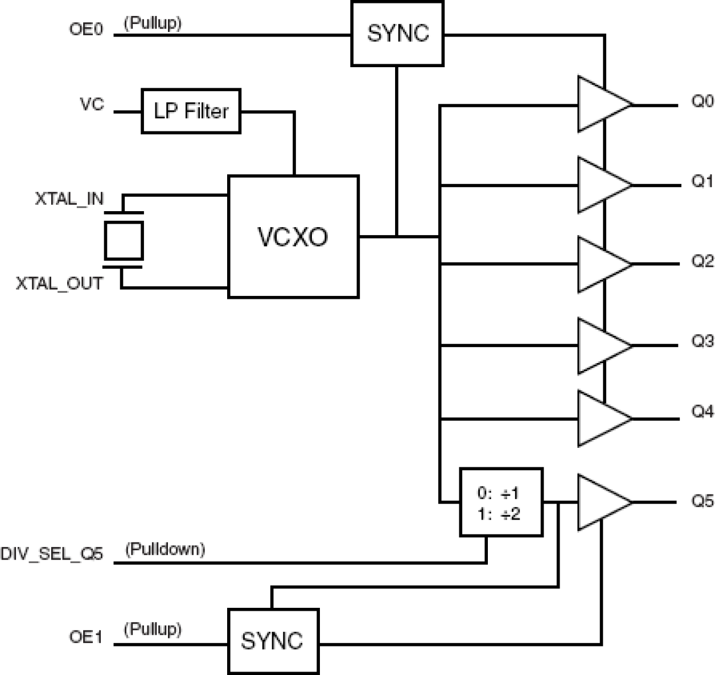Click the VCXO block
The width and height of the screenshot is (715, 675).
click(x=293, y=236)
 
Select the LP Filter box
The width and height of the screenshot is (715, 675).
click(x=191, y=111)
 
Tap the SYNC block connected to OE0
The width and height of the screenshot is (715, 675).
click(x=397, y=34)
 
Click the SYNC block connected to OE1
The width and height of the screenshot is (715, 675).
click(x=273, y=641)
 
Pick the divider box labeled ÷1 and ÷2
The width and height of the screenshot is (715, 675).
click(x=501, y=503)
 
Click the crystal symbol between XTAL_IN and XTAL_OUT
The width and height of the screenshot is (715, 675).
click(x=123, y=241)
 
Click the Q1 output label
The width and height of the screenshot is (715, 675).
click(x=702, y=182)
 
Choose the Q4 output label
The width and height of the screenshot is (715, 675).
click(x=702, y=411)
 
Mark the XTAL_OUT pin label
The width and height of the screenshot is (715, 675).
click(x=60, y=283)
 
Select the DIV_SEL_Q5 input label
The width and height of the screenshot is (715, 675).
click(x=52, y=554)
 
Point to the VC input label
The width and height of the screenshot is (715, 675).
click(x=92, y=105)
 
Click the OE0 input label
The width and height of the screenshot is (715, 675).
click(x=87, y=29)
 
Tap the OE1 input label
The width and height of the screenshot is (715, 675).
click(x=86, y=637)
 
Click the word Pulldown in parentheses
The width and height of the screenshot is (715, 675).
click(x=165, y=549)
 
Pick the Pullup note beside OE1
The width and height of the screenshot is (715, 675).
click(x=153, y=629)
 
